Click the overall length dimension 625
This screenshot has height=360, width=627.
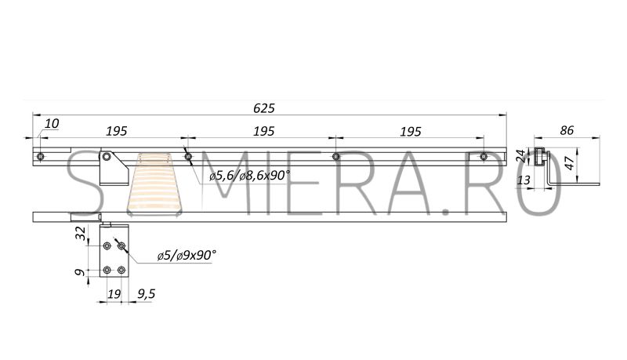tap(264, 108)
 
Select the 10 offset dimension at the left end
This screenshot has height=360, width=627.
tap(52, 124)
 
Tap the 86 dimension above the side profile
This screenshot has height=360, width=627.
tap(567, 130)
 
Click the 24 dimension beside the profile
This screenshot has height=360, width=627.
tap(520, 155)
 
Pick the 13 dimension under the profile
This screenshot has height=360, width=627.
tap(524, 180)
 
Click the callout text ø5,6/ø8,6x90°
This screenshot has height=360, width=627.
tap(249, 175)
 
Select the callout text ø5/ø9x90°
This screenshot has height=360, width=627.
tap(187, 255)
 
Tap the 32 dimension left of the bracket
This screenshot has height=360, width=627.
tap(81, 233)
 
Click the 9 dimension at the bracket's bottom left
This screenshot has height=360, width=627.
tap(81, 272)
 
